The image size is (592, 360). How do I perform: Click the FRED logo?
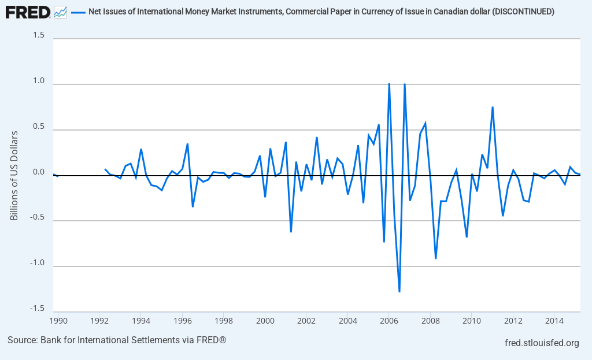28,12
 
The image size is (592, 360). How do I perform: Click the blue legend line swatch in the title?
78,12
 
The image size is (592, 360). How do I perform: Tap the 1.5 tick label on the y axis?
39,35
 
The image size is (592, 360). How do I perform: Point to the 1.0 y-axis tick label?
39,81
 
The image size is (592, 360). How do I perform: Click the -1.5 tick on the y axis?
38,308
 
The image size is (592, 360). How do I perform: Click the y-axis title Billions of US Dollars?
15,175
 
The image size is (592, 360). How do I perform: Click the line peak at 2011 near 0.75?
493,107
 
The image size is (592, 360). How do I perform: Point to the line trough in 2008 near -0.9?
435,258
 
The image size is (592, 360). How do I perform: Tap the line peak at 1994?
141,149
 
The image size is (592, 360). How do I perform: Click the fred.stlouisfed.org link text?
542,343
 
